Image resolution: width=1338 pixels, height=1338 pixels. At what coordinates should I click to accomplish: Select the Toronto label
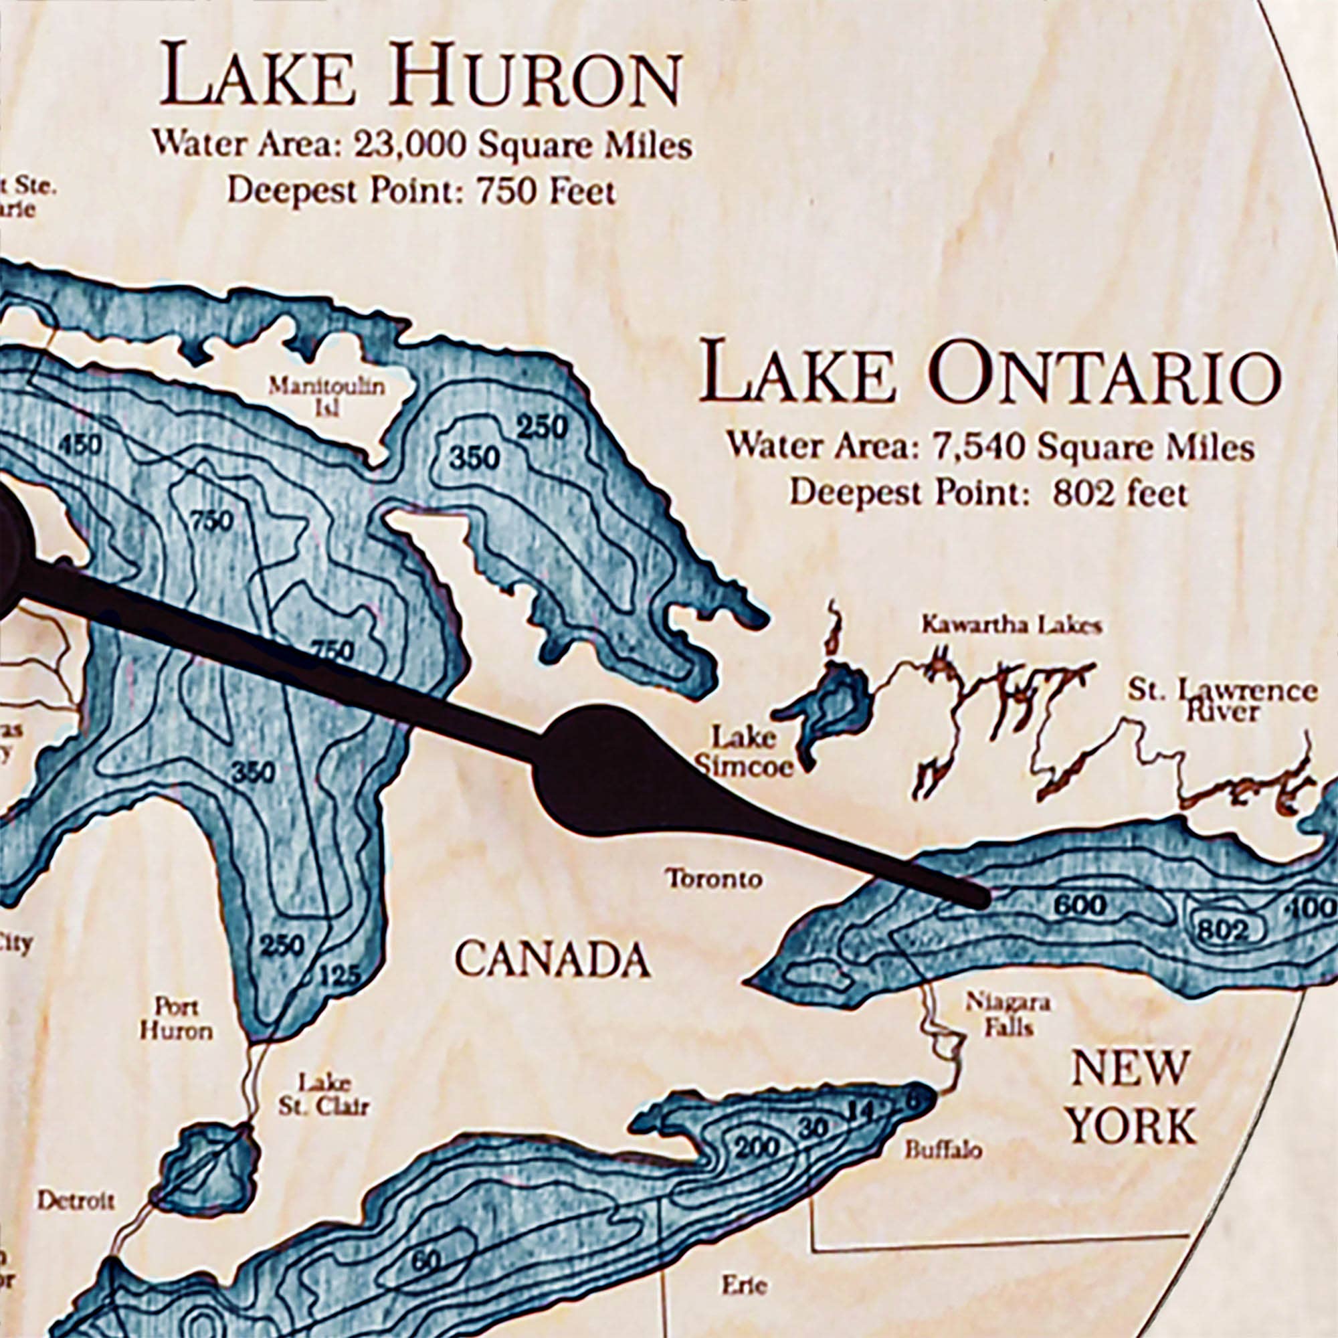click(x=713, y=879)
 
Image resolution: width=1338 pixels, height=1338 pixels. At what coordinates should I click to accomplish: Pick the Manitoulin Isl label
click(x=326, y=395)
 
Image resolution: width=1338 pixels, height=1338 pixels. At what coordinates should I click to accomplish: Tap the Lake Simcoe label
click(x=745, y=752)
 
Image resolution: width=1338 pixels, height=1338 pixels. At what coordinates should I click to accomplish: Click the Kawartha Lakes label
click(x=1010, y=626)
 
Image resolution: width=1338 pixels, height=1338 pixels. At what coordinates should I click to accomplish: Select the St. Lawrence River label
click(x=1222, y=701)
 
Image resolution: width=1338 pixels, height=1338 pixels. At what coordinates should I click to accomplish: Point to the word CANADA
click(x=553, y=960)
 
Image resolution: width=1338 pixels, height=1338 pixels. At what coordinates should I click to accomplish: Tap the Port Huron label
click(x=177, y=1018)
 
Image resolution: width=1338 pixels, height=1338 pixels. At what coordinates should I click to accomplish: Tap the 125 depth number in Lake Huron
click(x=340, y=976)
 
